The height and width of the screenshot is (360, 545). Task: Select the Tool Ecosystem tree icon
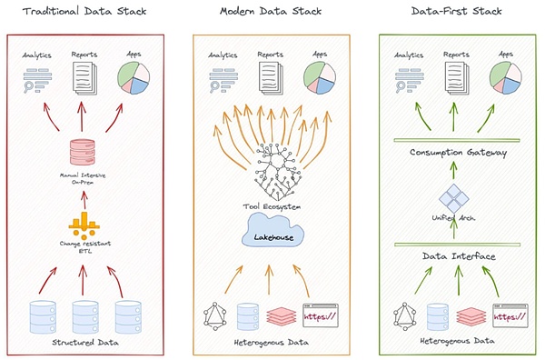[270, 173]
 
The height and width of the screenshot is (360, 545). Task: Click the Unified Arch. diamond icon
[451, 198]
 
